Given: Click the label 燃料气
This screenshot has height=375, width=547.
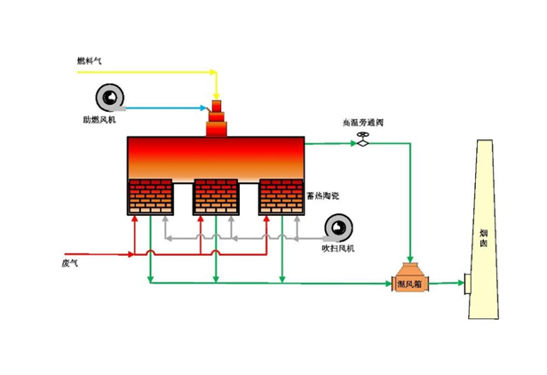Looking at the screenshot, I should point(90,61).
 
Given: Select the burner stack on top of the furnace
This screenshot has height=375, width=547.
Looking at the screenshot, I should point(217,120).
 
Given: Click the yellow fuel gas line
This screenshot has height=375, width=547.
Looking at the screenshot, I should point(151,69).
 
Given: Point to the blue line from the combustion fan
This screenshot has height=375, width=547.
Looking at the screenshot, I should point(169,105).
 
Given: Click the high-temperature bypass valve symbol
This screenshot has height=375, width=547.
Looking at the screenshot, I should point(362,140).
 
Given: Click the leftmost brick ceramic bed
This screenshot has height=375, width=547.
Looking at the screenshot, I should point(150,197).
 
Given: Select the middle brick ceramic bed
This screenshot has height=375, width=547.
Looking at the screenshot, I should point(216,197).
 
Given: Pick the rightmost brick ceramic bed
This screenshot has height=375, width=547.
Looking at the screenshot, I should point(281,197).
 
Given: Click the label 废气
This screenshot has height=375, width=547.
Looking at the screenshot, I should point(69,264).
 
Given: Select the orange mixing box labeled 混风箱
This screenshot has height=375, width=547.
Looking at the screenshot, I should point(409,278).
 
